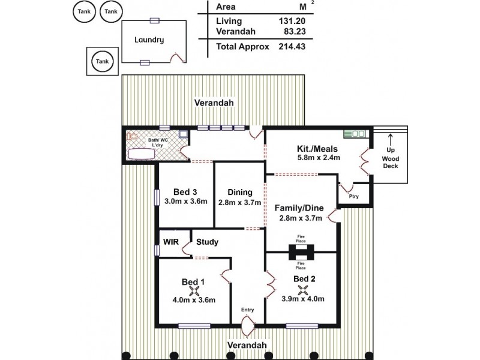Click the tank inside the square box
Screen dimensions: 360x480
click(103, 61)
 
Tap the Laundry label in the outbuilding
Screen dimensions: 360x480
click(149, 40)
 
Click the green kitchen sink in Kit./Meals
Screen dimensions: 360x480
click(355, 133)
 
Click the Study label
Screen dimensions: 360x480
click(207, 242)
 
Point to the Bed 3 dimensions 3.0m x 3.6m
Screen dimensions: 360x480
click(185, 202)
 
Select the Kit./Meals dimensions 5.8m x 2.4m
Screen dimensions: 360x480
click(319, 158)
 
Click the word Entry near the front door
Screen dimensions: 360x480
click(247, 310)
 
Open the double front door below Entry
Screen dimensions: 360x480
click(247, 328)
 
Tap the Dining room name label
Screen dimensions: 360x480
click(239, 192)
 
